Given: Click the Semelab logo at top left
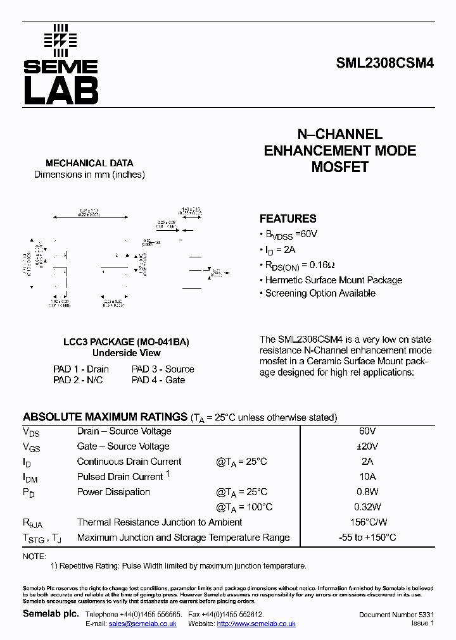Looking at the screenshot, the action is pyautogui.click(x=61, y=65).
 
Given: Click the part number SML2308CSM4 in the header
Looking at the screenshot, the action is pyautogui.click(x=384, y=65).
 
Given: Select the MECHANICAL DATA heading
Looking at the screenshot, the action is pyautogui.click(x=89, y=163).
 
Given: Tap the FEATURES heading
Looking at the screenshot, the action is pyautogui.click(x=288, y=219).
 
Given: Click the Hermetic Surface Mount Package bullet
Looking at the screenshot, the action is pyautogui.click(x=333, y=280).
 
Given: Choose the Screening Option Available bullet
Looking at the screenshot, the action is pyautogui.click(x=320, y=293).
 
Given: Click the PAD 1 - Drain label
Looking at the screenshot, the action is pyautogui.click(x=81, y=369).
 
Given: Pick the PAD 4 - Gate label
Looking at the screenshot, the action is pyautogui.click(x=158, y=380).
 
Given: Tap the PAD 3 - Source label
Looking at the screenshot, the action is pyautogui.click(x=163, y=369).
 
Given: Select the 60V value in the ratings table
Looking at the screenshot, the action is pyautogui.click(x=367, y=431).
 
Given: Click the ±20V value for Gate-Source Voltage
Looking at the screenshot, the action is pyautogui.click(x=367, y=446).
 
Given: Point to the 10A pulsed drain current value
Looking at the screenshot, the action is pyautogui.click(x=367, y=477).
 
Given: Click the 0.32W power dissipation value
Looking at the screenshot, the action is pyautogui.click(x=367, y=507).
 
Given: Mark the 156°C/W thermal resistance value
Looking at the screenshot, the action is pyautogui.click(x=367, y=522).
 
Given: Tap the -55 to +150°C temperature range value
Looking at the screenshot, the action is pyautogui.click(x=367, y=538).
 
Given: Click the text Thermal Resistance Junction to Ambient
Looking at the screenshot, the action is pyautogui.click(x=160, y=522).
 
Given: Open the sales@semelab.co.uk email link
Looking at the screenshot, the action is pyautogui.click(x=142, y=624).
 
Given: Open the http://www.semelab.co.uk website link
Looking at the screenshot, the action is pyautogui.click(x=256, y=624).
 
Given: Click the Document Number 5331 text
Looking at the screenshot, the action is pyautogui.click(x=396, y=615).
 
